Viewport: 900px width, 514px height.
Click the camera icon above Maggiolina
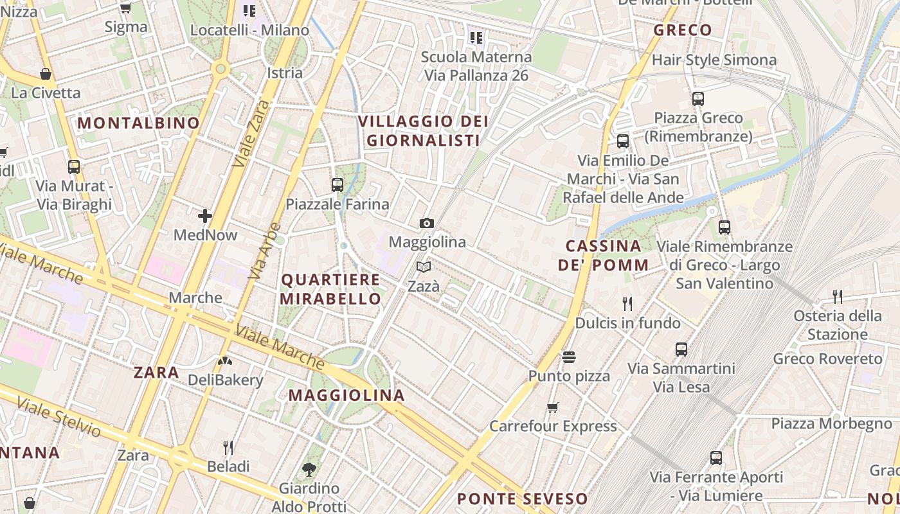click(x=426, y=223)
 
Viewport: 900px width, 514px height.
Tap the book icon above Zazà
click(x=423, y=267)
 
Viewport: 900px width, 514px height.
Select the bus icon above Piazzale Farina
click(x=337, y=185)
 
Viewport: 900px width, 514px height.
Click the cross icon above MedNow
click(x=205, y=216)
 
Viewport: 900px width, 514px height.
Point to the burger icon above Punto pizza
click(x=568, y=357)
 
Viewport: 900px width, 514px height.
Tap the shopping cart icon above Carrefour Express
click(x=552, y=407)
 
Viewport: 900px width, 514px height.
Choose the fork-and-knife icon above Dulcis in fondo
click(x=627, y=303)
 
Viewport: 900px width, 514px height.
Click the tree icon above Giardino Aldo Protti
click(x=309, y=469)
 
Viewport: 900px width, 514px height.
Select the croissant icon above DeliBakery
click(x=225, y=361)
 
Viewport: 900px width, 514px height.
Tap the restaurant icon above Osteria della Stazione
click(x=837, y=296)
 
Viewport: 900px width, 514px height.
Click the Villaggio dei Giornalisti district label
click(x=423, y=130)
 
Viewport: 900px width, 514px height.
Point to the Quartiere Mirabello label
click(x=331, y=289)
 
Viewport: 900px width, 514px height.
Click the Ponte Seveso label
click(x=522, y=499)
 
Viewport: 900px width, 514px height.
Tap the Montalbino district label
click(x=139, y=123)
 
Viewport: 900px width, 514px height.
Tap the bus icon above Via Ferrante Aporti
click(x=716, y=458)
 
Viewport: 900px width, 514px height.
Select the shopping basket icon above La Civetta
click(x=46, y=74)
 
